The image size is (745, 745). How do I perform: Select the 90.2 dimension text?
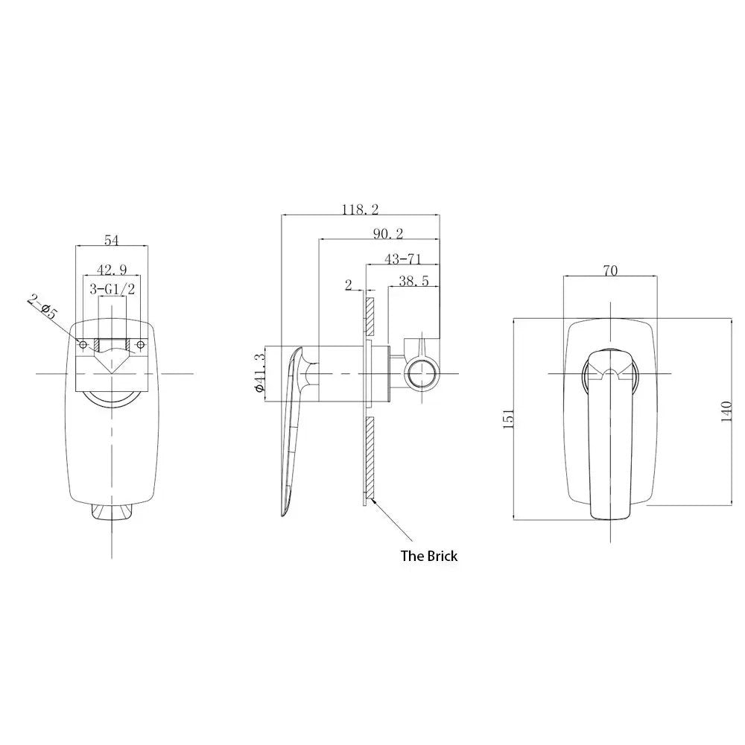tap(388, 234)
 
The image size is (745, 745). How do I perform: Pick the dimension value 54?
tap(111, 240)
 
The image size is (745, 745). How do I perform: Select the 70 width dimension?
tap(609, 271)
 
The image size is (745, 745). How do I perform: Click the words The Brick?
tap(429, 556)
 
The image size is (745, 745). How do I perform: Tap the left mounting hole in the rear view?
tap(84, 343)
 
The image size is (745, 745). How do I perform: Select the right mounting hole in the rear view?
tap(139, 343)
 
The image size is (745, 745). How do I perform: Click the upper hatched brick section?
tap(368, 317)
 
